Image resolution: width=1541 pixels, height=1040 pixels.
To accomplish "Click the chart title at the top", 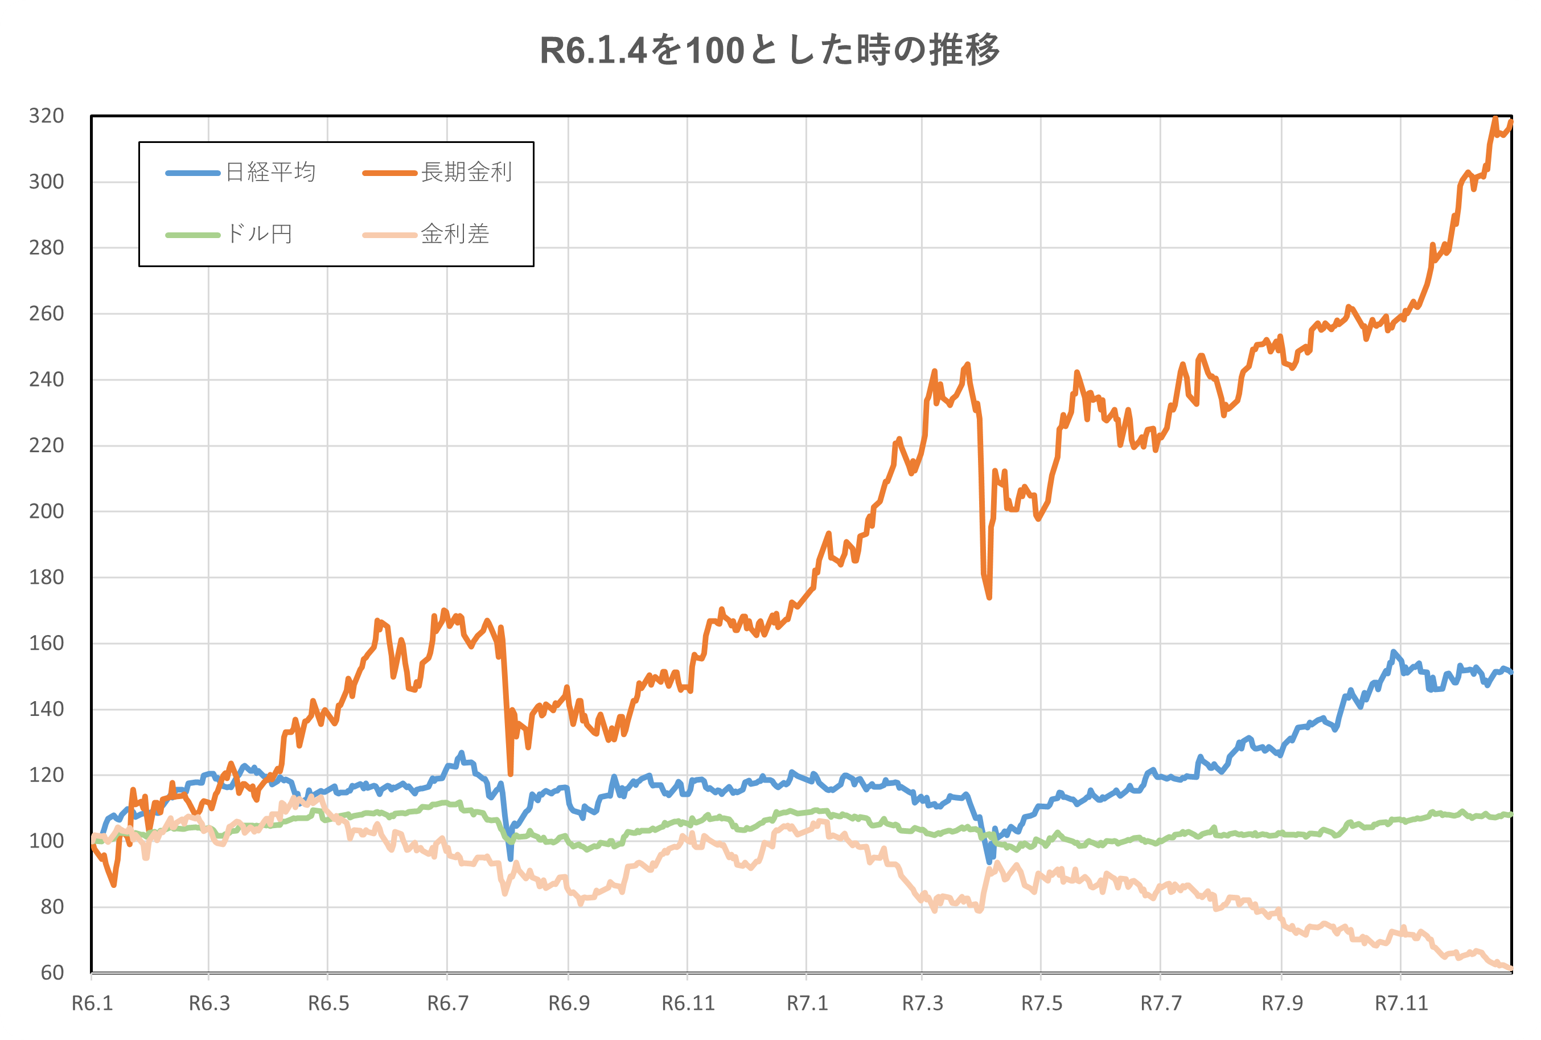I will [770, 51].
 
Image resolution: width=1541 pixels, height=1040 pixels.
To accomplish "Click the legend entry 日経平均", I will [270, 173].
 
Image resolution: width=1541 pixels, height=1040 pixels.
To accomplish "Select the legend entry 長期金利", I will [467, 173].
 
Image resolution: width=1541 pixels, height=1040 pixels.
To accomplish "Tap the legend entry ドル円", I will [259, 234].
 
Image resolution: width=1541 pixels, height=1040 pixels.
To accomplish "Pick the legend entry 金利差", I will [455, 234].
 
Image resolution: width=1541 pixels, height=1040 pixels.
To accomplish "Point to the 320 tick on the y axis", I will [47, 116].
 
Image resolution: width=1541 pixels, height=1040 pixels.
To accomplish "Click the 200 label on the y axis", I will [47, 511].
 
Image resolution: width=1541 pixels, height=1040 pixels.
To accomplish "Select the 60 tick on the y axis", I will [52, 972].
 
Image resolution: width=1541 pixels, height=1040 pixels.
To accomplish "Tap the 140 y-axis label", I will [47, 709].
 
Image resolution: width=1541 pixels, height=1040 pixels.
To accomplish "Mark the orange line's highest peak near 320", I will [1495, 120].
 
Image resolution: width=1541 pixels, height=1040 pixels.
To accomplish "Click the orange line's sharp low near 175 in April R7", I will [989, 597].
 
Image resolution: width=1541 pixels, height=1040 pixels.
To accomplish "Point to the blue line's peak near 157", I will [1393, 652].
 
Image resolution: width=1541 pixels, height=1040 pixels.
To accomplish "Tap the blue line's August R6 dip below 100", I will [511, 859].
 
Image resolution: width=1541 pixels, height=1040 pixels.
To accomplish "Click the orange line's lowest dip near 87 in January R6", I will [114, 885].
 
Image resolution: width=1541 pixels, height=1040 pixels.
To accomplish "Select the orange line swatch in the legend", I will [390, 173].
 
